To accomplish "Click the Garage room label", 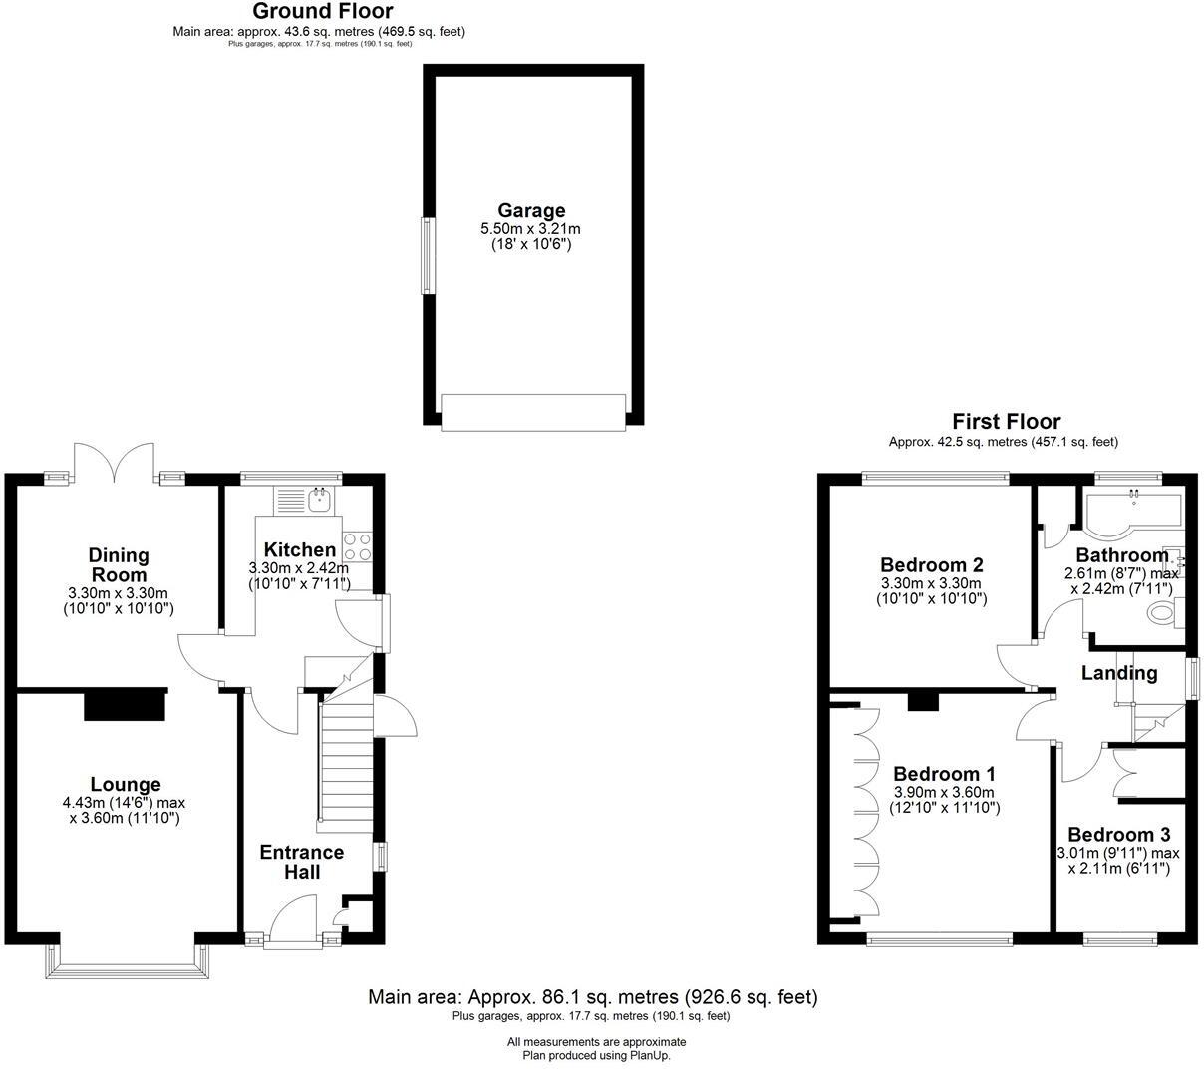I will pos(531,210).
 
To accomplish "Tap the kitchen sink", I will pos(320,499).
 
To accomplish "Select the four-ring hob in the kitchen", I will pos(357,546).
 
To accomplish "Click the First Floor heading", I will pos(1006,421).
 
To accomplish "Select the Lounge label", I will pos(126,785).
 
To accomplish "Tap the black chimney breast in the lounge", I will pos(126,704).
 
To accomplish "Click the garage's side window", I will pos(429,255).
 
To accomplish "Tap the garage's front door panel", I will pos(533,412).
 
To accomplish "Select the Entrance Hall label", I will pos(302,862).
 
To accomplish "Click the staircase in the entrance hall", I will pos(345,763).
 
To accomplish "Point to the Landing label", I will pos(1119,673).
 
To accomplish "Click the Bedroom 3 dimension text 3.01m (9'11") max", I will pos(1118,853).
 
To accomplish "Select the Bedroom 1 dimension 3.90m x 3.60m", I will pos(944,792).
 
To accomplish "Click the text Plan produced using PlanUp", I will pos(597,1055).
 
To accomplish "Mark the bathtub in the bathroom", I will pos(1131,511).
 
